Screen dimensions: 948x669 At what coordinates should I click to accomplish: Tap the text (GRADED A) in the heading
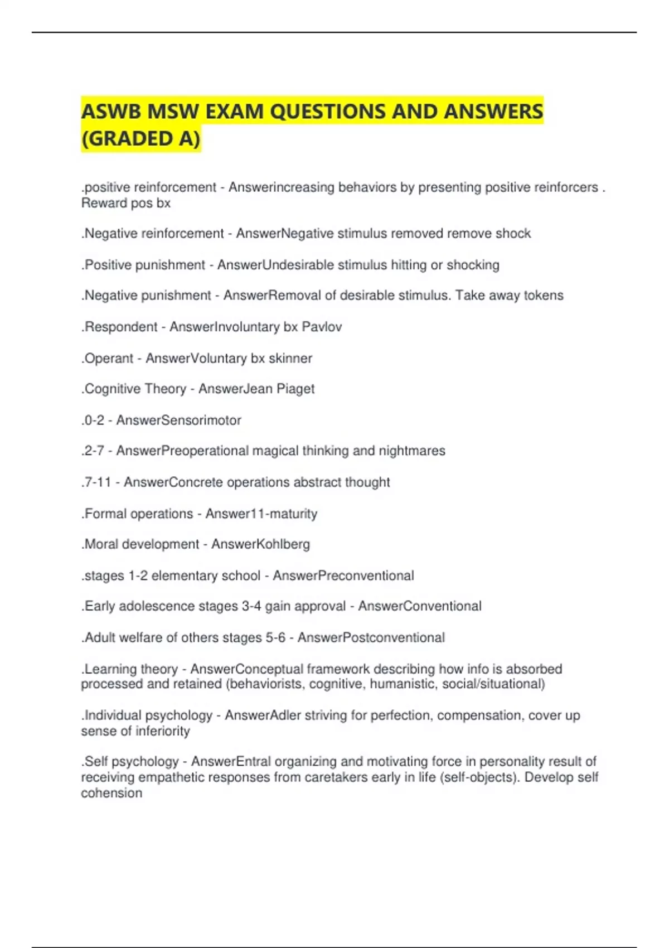tap(140, 139)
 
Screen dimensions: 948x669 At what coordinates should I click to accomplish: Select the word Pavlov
tap(322, 327)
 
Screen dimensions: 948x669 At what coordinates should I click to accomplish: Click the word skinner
tap(290, 358)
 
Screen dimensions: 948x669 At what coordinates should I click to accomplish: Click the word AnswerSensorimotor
tap(178, 420)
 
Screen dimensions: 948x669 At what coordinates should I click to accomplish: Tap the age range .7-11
tap(96, 482)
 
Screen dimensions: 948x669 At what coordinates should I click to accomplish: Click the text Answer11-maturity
tap(261, 514)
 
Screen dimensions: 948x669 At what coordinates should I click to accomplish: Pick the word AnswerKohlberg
tap(260, 544)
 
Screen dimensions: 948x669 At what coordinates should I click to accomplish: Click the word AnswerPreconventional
tap(343, 575)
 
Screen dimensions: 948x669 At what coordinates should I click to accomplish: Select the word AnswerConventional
tap(419, 606)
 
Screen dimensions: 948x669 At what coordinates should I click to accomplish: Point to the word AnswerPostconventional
tap(371, 637)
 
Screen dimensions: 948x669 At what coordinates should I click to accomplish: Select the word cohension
tap(111, 793)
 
